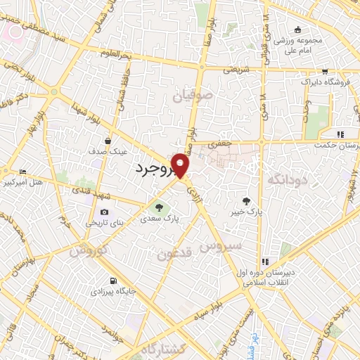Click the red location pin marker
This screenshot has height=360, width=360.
tap(181, 165)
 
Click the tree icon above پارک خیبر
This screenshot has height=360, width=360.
tap(245, 200)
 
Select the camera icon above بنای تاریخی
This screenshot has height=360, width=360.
tap(105, 212)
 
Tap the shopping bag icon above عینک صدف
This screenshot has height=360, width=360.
tap(108, 141)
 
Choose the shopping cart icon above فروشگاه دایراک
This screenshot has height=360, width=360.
tap(324, 72)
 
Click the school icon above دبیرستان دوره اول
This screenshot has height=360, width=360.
tap(264, 262)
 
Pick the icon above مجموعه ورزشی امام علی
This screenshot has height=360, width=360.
tap(298, 30)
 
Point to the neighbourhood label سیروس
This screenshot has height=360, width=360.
tap(221, 247)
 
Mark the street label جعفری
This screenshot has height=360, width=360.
tap(222, 143)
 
